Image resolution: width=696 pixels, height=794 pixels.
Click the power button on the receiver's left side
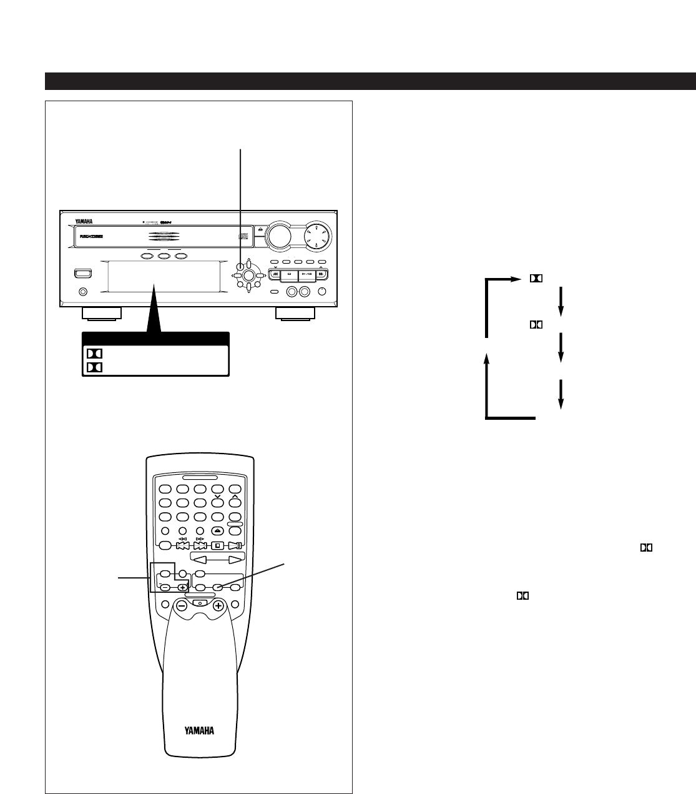pyautogui.click(x=81, y=272)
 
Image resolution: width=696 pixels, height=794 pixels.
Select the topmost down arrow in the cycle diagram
pyautogui.click(x=561, y=302)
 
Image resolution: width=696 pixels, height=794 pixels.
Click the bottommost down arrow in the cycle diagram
pyautogui.click(x=561, y=394)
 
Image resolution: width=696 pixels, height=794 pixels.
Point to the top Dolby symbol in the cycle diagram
pyautogui.click(x=536, y=278)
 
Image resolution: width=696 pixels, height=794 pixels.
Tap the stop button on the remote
pyautogui.click(x=217, y=545)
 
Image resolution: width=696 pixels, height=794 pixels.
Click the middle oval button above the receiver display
pyautogui.click(x=165, y=256)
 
